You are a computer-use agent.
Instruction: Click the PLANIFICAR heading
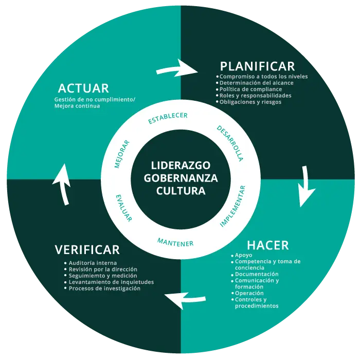[257, 66]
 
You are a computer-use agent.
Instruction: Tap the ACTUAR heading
[83, 88]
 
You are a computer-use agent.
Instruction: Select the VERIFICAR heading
[87, 250]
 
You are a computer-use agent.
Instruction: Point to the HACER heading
[267, 245]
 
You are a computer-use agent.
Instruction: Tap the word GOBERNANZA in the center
[181, 178]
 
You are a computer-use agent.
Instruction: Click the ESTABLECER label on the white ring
[168, 118]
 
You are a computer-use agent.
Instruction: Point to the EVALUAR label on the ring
[124, 208]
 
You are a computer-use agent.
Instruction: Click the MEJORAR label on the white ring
[122, 154]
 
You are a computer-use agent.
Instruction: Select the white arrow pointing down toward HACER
[307, 186]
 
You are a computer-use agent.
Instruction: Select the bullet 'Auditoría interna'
[93, 263]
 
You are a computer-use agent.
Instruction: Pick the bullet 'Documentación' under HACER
[257, 274]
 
